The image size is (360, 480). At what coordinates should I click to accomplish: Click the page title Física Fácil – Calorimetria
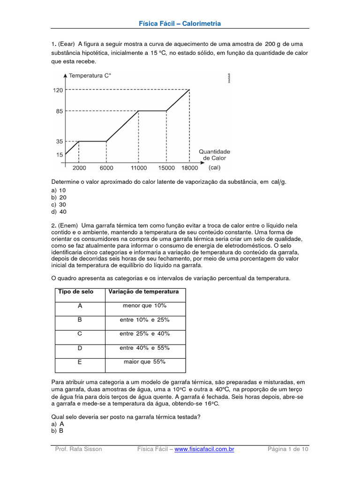click(180, 23)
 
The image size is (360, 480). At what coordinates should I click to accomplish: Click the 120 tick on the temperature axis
click(57, 90)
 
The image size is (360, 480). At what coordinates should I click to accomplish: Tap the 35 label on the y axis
click(59, 141)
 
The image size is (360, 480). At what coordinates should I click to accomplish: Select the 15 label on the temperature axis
click(59, 155)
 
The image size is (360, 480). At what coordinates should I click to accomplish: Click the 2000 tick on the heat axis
click(79, 168)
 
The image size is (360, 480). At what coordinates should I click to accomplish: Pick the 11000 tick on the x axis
click(138, 168)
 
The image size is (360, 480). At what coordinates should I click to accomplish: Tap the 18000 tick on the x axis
click(189, 168)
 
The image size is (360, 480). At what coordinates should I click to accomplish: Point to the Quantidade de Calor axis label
click(214, 155)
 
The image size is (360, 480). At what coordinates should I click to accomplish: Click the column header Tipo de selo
click(75, 292)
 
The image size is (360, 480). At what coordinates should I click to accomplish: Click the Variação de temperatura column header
click(144, 292)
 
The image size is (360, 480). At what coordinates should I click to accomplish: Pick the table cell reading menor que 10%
click(144, 306)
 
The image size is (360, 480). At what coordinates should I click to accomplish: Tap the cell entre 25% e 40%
click(144, 334)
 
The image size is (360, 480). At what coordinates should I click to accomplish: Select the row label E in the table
click(80, 362)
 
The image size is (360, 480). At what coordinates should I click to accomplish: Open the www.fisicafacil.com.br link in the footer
click(204, 449)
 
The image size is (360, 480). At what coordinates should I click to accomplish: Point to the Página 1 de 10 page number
click(288, 449)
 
